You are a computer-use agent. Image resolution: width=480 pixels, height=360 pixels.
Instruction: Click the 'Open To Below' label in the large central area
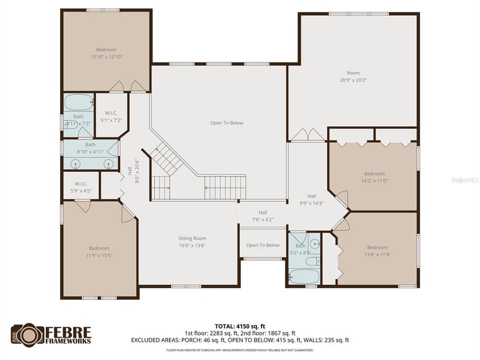[x=226, y=123]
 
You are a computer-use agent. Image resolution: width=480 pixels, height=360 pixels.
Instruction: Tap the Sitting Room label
[x=192, y=238]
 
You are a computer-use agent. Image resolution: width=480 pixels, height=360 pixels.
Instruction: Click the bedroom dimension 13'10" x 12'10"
[x=106, y=57]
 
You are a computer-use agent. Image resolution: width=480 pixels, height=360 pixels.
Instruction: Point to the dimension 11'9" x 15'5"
[x=98, y=255]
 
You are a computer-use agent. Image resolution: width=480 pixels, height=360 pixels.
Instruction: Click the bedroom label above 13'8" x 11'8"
[x=377, y=247]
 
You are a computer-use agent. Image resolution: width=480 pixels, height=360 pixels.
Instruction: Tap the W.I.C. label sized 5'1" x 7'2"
[x=111, y=113]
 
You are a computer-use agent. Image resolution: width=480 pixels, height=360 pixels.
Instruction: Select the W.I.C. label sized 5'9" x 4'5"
[x=81, y=183]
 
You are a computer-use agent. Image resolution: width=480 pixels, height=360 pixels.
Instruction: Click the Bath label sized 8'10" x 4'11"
[x=90, y=145]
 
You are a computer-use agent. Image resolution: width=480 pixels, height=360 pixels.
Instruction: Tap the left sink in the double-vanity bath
[x=76, y=163]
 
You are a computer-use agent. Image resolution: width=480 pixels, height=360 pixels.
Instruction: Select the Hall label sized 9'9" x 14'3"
[x=311, y=196]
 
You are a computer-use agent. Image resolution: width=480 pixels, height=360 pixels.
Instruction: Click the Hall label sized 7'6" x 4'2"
[x=262, y=212]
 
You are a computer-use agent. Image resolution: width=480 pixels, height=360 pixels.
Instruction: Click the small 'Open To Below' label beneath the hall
[x=262, y=245]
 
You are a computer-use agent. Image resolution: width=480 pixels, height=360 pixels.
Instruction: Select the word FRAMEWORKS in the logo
[x=69, y=340]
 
